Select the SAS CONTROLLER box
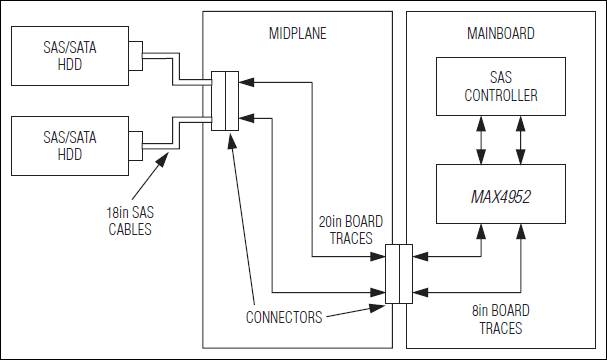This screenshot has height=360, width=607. pyautogui.click(x=501, y=86)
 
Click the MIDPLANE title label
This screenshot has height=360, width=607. pyautogui.click(x=299, y=33)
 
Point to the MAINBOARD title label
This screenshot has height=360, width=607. pyautogui.click(x=501, y=33)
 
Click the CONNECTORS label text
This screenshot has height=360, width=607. pyautogui.click(x=283, y=318)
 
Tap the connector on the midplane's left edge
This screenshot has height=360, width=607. pyautogui.click(x=225, y=101)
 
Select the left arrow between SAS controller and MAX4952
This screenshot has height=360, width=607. pyautogui.click(x=482, y=139)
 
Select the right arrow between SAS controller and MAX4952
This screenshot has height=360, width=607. pyautogui.click(x=520, y=139)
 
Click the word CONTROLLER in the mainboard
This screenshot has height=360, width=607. pyautogui.click(x=501, y=96)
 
